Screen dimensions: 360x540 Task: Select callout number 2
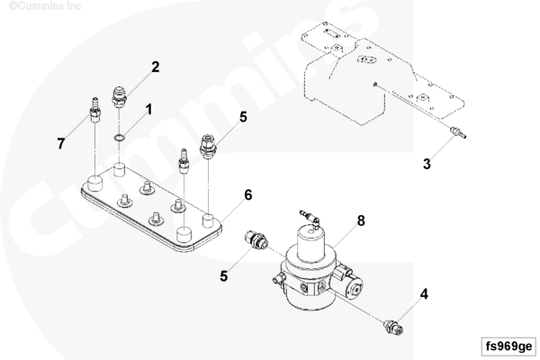tap(155, 67)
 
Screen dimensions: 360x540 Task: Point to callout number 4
tap(424, 293)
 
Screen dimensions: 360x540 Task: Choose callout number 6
tap(247, 194)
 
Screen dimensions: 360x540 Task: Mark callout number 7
tap(61, 144)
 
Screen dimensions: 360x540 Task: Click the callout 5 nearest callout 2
tap(242, 117)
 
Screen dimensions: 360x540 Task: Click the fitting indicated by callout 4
tap(392, 323)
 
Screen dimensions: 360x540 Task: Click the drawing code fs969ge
tap(507, 346)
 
